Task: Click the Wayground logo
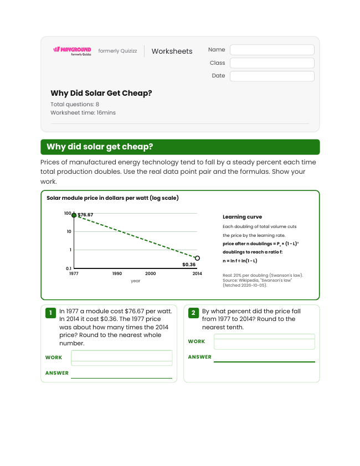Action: pyautogui.click(x=72, y=51)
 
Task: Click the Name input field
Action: pyautogui.click(x=272, y=50)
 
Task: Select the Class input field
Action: pyautogui.click(x=272, y=63)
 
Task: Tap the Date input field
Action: pyautogui.click(x=272, y=76)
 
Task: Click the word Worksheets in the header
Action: pyautogui.click(x=172, y=51)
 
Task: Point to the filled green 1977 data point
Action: pyautogui.click(x=74, y=215)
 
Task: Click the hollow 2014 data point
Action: pyautogui.click(x=197, y=258)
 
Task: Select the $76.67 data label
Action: pyautogui.click(x=85, y=215)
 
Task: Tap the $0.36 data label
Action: pyautogui.click(x=189, y=265)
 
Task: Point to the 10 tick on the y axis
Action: pyautogui.click(x=69, y=231)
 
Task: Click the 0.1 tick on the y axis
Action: pyautogui.click(x=69, y=268)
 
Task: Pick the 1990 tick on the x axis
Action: pyautogui.click(x=117, y=273)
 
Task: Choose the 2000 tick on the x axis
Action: pyautogui.click(x=151, y=273)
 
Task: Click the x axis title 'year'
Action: pyautogui.click(x=135, y=281)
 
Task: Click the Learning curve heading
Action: pyautogui.click(x=242, y=217)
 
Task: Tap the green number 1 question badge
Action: pyautogui.click(x=50, y=313)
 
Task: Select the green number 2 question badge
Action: pyautogui.click(x=193, y=313)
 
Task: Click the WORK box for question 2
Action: pyautogui.click(x=264, y=341)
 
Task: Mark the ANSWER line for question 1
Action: pyautogui.click(x=121, y=378)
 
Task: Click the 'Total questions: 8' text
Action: pyautogui.click(x=75, y=104)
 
